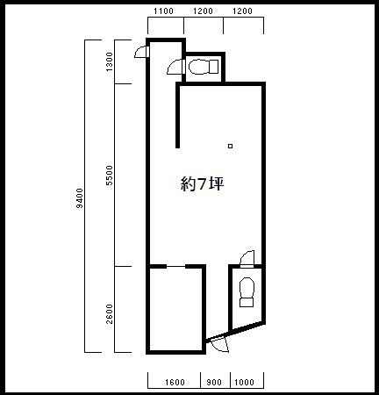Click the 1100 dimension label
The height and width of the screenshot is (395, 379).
click(163, 11)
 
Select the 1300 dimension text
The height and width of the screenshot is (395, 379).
click(109, 61)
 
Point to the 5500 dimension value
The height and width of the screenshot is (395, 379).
click(109, 176)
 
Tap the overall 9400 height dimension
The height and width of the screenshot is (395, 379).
click(79, 198)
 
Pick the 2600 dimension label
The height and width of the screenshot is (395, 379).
click(109, 314)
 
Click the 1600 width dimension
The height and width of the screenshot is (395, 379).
click(175, 383)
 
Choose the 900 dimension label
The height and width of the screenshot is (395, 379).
click(214, 383)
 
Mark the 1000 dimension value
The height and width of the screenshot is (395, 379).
click(244, 383)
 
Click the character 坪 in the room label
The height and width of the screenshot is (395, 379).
click(217, 183)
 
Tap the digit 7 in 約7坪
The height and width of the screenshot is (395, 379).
click(203, 184)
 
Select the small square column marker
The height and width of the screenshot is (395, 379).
click(231, 146)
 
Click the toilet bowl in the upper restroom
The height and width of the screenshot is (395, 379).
click(198, 67)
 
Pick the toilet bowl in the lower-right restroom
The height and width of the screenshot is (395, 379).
click(247, 287)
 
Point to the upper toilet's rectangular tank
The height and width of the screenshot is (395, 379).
click(213, 67)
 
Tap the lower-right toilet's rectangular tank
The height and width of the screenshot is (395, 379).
click(247, 303)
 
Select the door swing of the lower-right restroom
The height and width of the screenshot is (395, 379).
click(247, 259)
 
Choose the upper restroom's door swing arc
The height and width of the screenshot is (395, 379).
click(175, 67)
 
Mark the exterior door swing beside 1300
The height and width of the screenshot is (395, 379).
click(141, 52)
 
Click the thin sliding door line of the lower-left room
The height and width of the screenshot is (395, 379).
click(175, 267)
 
